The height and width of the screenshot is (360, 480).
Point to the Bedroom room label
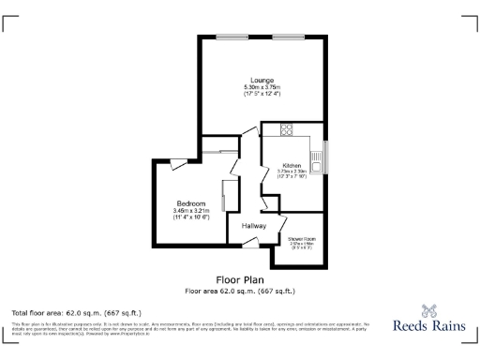point(192,203)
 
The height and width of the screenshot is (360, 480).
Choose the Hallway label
point(254,226)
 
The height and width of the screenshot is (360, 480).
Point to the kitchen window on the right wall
point(326,156)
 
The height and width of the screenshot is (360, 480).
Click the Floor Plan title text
point(240,279)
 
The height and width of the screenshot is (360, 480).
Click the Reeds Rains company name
point(430,327)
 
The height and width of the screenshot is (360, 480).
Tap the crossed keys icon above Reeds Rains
point(430,310)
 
